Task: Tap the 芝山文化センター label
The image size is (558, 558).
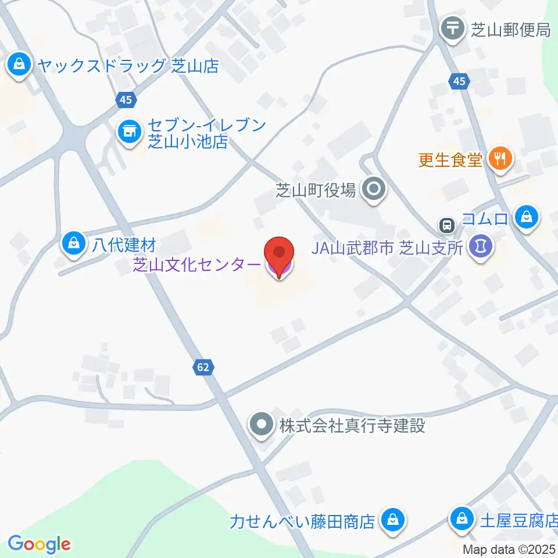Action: [197, 265]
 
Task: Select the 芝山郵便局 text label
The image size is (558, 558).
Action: [510, 30]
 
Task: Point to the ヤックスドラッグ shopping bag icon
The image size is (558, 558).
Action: [20, 65]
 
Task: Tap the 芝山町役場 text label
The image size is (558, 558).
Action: [315, 190]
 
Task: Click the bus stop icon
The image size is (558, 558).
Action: [446, 224]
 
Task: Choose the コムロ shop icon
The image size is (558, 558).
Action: [527, 218]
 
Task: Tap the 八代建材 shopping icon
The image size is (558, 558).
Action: [73, 243]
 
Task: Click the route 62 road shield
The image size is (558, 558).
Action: [203, 367]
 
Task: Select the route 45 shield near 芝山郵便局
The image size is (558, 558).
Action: [459, 82]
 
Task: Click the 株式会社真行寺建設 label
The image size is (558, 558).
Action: [352, 425]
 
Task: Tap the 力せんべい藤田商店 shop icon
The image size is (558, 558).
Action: [393, 520]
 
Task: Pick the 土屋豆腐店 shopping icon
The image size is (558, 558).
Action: [463, 517]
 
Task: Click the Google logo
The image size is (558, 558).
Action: [40, 544]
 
